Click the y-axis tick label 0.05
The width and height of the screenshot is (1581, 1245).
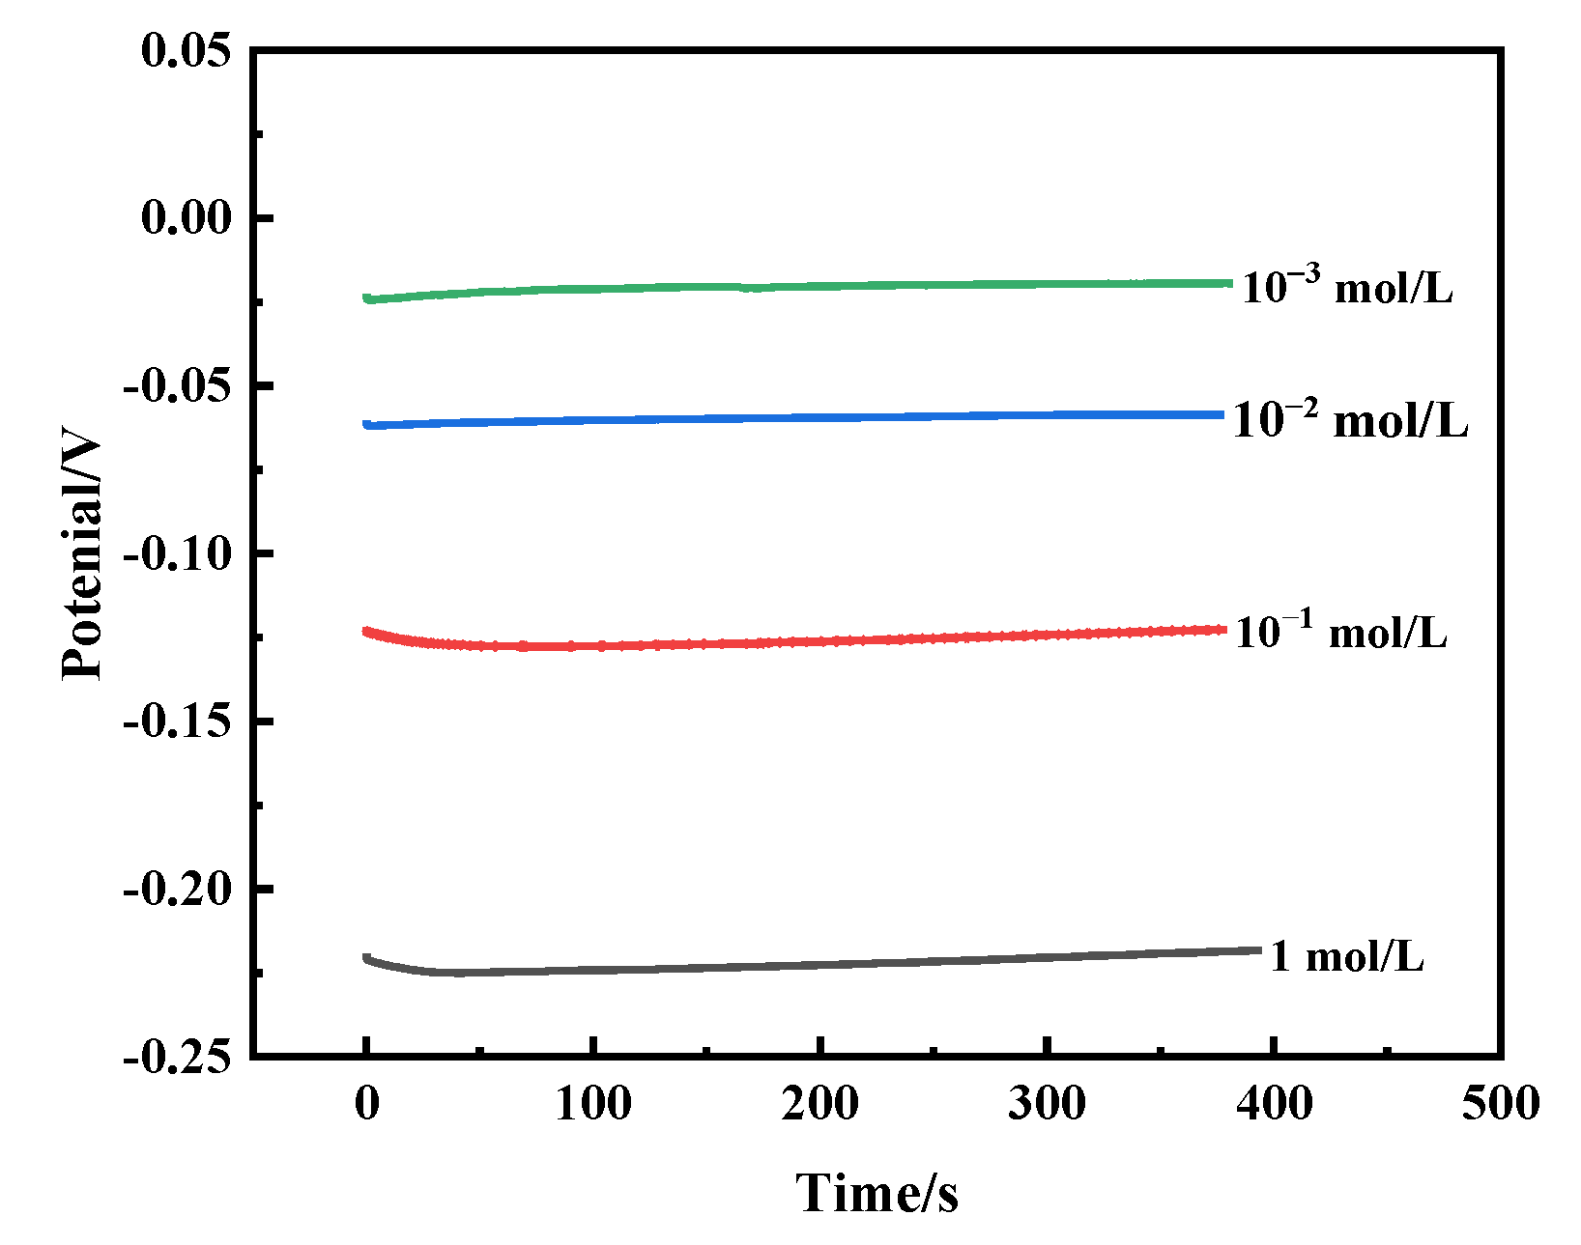[187, 50]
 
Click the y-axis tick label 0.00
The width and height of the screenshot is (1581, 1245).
[187, 217]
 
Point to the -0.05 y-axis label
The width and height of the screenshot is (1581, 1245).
[178, 386]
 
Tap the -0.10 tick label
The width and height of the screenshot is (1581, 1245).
[178, 553]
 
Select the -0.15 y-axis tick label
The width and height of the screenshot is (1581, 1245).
[178, 722]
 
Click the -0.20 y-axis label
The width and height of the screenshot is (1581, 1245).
[178, 889]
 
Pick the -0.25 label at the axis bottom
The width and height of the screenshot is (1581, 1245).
[178, 1057]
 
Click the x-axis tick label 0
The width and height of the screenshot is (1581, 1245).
[366, 1102]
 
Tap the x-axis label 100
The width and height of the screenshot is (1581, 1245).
[593, 1102]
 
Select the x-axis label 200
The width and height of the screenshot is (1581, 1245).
[820, 1102]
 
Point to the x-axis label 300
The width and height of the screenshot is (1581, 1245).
[1047, 1102]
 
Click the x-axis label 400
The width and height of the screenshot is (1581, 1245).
[1275, 1102]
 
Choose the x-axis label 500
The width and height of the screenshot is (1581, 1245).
[1500, 1102]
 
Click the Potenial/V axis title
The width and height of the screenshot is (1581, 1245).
[81, 558]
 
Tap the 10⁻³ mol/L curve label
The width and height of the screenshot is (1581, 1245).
[1347, 287]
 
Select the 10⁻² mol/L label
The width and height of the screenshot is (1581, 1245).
[1350, 419]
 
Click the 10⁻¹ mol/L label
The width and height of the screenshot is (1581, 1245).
[1341, 632]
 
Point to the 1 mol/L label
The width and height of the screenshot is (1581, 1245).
[1346, 956]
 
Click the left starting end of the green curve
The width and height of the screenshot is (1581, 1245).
[367, 298]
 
